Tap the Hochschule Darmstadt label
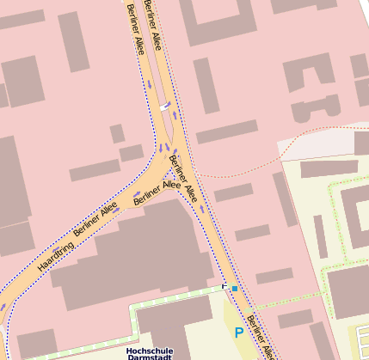pyautogui.click(x=151, y=353)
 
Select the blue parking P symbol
pyautogui.click(x=238, y=331)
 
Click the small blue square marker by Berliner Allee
pyautogui.click(x=234, y=288)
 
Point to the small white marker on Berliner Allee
pyautogui.click(x=164, y=107)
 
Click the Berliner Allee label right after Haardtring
pyautogui.click(x=95, y=220)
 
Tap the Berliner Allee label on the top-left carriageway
pyautogui.click(x=135, y=30)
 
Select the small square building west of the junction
pyautogui.click(x=116, y=134)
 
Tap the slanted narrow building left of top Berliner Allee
pyautogui.click(x=73, y=41)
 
